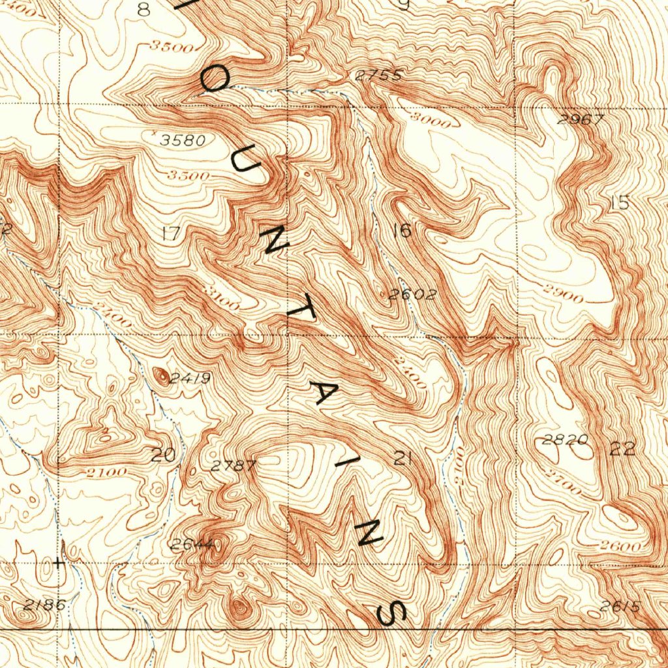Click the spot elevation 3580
[x=183, y=140]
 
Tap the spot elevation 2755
[x=378, y=75]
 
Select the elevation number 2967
[x=581, y=119]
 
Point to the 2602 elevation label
[x=412, y=295]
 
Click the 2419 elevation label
[x=190, y=378]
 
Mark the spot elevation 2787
[x=234, y=466]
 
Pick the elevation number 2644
[x=192, y=545]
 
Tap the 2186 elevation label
[x=45, y=605]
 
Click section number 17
[x=171, y=234]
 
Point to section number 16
[x=402, y=230]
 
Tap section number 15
[x=620, y=203]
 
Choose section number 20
[x=163, y=455]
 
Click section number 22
[x=622, y=449]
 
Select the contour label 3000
[x=431, y=121]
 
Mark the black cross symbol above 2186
[x=59, y=562]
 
